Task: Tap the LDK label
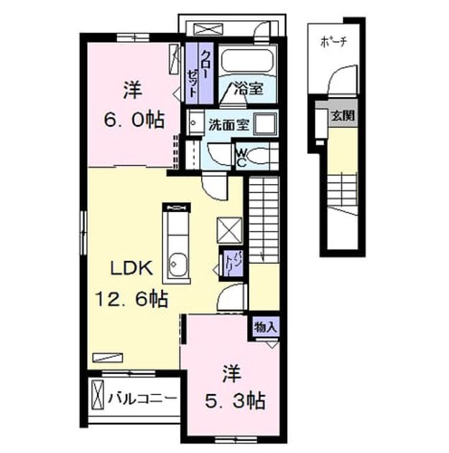132,268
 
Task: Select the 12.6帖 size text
131,299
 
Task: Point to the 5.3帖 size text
235,401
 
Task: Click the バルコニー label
142,399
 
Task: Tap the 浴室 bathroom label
249,88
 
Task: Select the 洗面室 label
229,124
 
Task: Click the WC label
241,158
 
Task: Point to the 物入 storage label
266,327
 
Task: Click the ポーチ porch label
333,42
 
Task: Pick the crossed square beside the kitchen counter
229,230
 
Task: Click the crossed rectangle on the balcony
98,395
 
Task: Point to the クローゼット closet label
199,73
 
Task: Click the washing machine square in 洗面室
265,124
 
